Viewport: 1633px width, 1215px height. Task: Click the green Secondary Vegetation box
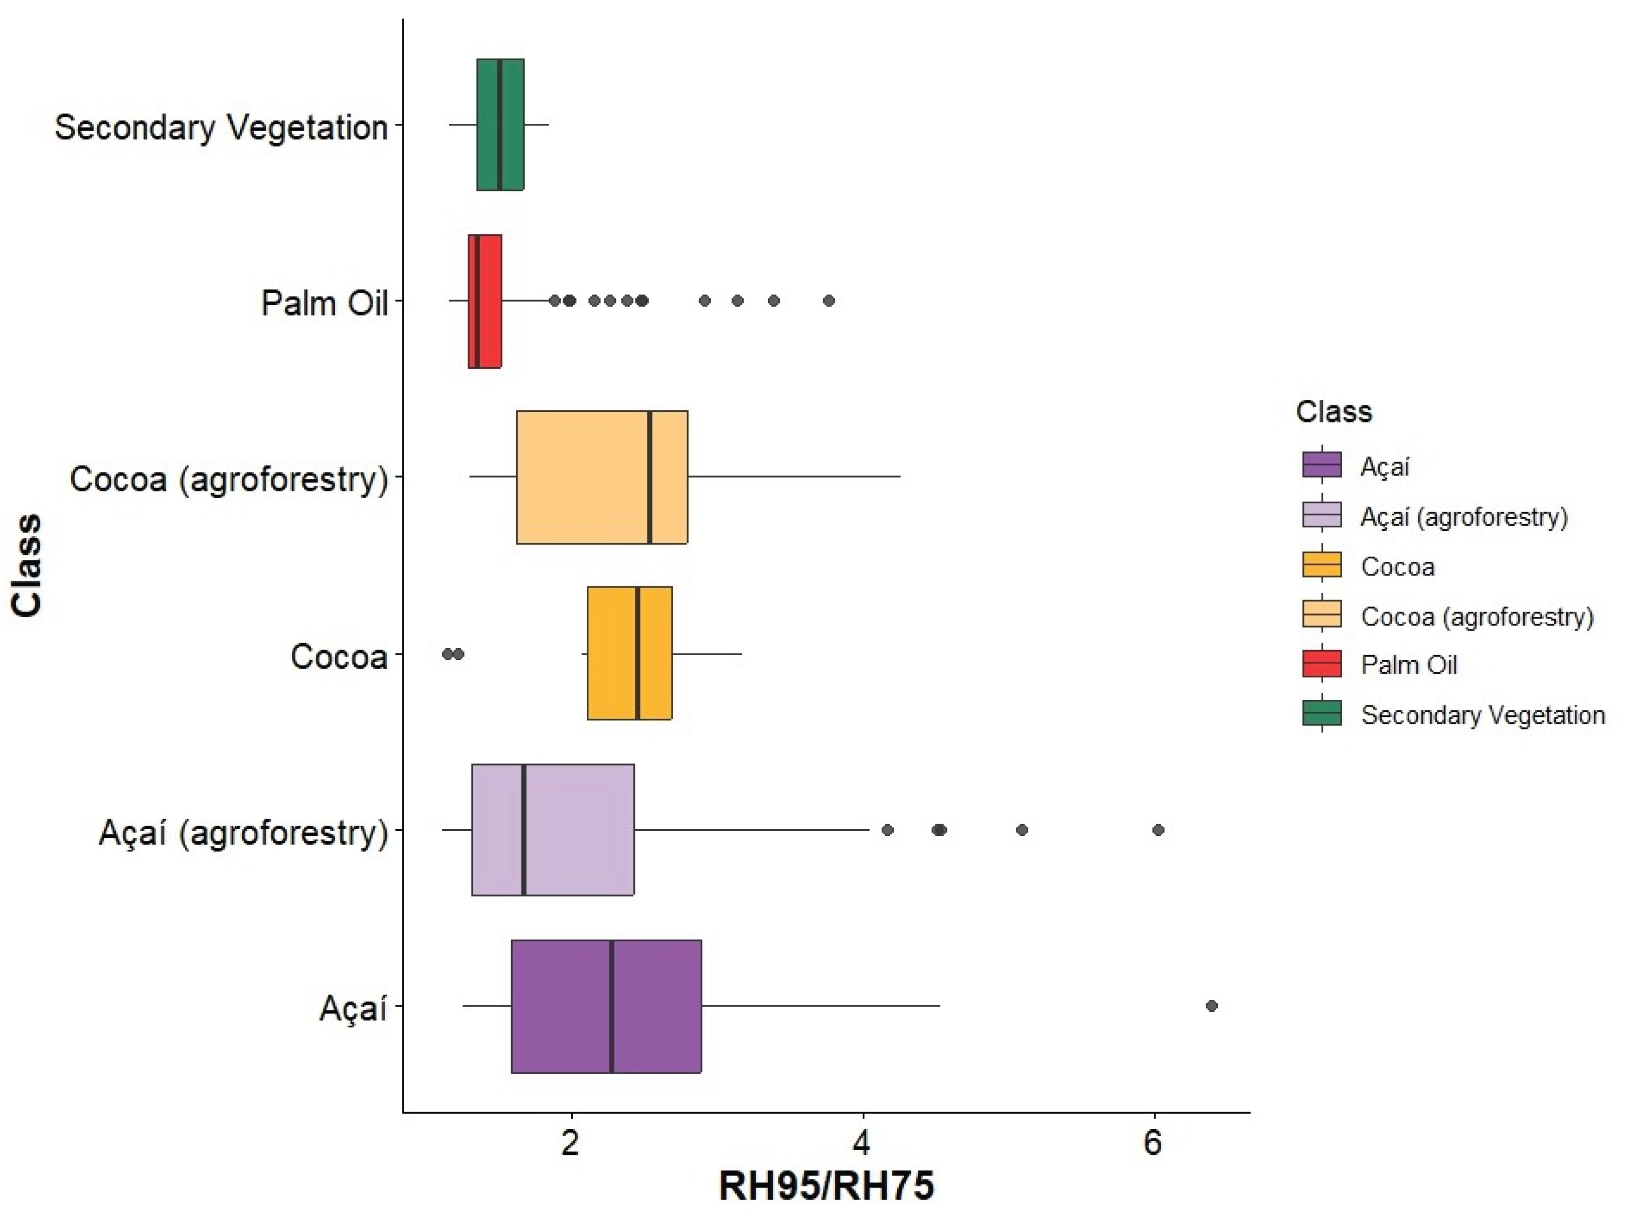(x=500, y=124)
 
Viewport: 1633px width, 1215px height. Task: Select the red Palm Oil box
(x=484, y=301)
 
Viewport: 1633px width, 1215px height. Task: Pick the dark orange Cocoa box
(x=629, y=653)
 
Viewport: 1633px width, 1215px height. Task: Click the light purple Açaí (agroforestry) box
(x=553, y=830)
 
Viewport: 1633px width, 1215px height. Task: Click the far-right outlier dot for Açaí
(x=1212, y=1005)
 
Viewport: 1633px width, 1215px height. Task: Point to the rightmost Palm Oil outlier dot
(x=829, y=301)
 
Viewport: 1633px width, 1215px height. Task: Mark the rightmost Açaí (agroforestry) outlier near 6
(x=1158, y=830)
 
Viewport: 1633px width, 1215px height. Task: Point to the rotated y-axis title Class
(x=27, y=565)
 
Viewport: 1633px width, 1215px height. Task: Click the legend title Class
(x=1334, y=411)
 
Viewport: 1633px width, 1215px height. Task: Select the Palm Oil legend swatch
(x=1322, y=664)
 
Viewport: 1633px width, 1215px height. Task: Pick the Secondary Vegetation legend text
(x=1482, y=715)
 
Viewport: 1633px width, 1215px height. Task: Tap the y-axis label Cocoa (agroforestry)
(x=229, y=479)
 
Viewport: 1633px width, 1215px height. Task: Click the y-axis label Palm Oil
(x=324, y=302)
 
